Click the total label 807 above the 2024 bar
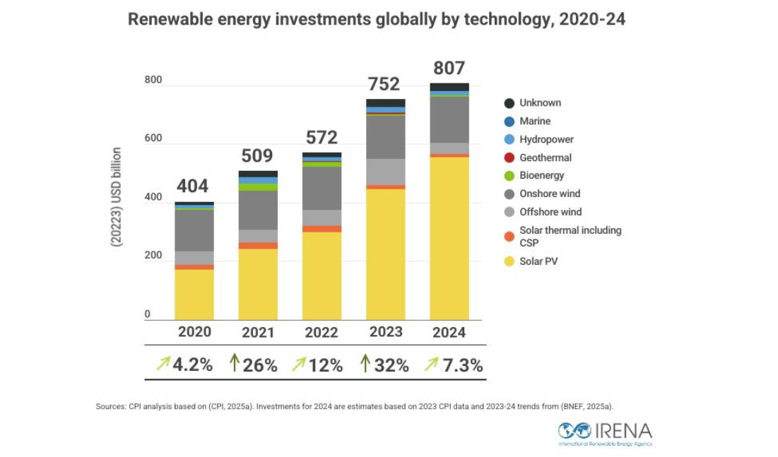click(449, 68)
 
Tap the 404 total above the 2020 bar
click(192, 186)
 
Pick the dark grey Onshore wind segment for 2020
click(194, 230)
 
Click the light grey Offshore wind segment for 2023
click(386, 172)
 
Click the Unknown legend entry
click(540, 103)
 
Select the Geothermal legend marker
click(509, 158)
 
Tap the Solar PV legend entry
click(539, 262)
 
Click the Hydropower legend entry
click(546, 140)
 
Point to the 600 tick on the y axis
click(153, 139)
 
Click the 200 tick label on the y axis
click(153, 256)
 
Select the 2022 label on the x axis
click(322, 333)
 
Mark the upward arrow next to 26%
click(234, 364)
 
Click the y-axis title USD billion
click(117, 197)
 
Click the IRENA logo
click(605, 432)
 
